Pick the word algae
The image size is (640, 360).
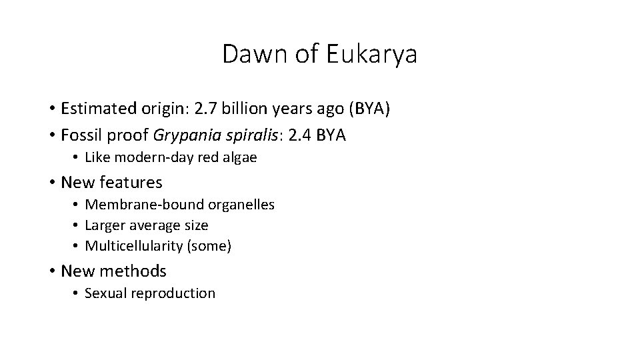tap(239, 158)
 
